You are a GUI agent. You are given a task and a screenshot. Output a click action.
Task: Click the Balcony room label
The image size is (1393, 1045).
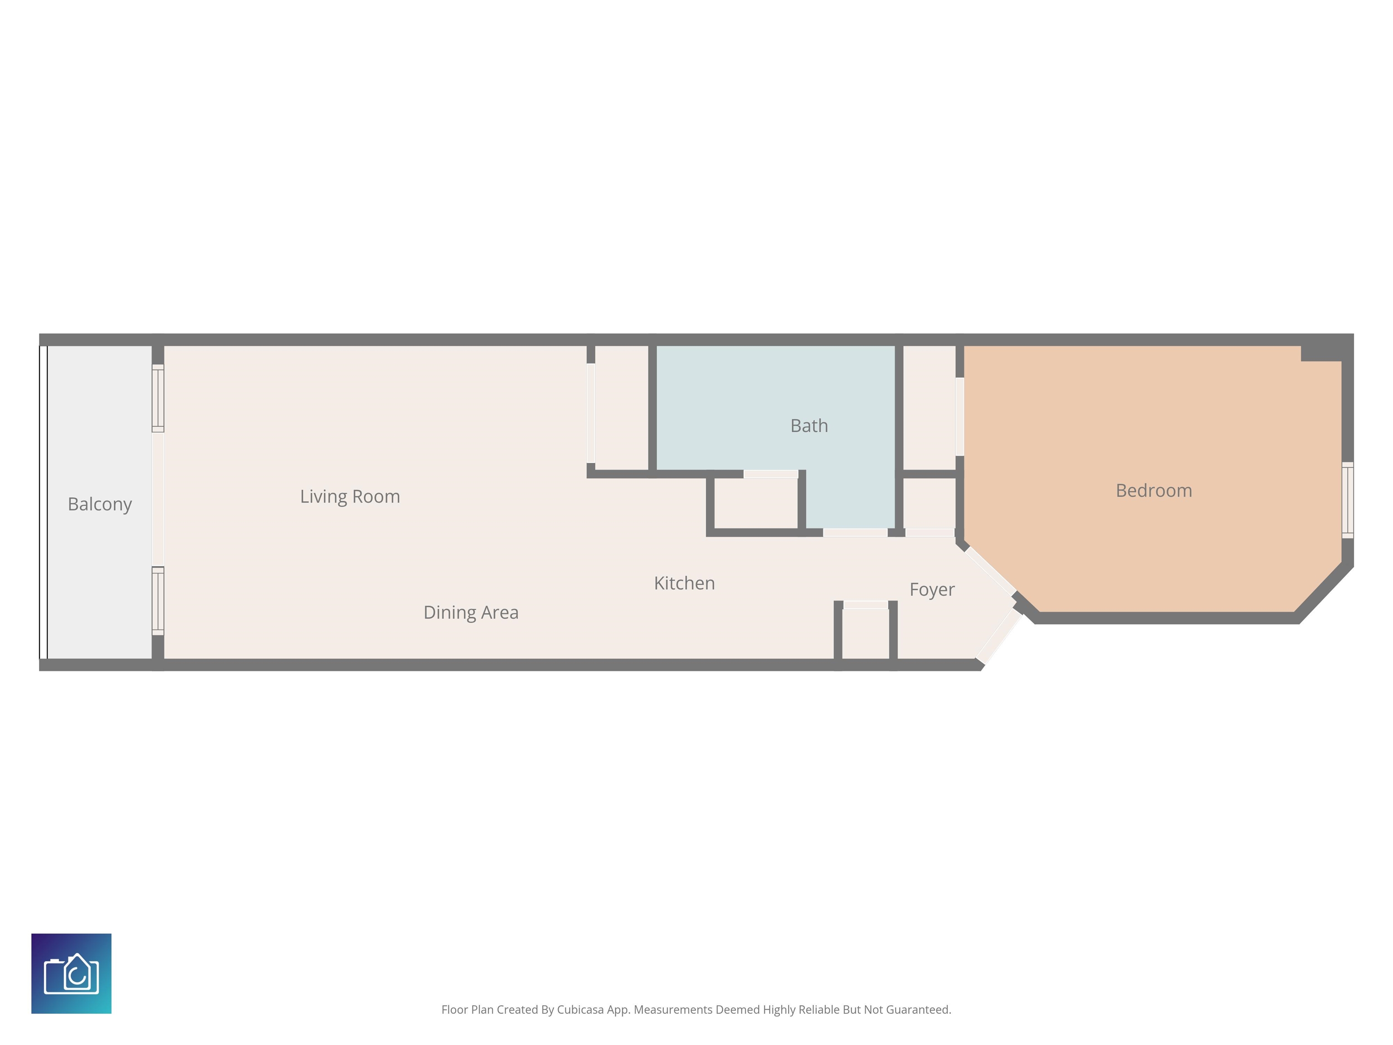click(99, 504)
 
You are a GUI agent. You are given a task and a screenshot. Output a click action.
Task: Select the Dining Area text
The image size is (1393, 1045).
click(471, 612)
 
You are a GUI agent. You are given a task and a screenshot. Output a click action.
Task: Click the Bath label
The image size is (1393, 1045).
click(809, 426)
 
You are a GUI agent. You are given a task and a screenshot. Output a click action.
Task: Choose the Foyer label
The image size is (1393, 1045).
click(932, 590)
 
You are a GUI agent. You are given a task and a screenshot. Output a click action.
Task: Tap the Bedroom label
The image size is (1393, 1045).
click(1154, 491)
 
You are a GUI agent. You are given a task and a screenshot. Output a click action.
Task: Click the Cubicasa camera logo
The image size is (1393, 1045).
click(71, 973)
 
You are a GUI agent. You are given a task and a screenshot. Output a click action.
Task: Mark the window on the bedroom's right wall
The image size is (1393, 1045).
click(1348, 500)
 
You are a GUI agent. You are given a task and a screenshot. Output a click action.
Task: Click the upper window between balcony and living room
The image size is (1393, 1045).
click(158, 398)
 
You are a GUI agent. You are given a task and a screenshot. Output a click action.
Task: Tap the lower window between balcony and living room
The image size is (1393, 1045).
click(158, 601)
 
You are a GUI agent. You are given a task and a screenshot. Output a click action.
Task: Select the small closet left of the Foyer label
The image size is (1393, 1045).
click(865, 634)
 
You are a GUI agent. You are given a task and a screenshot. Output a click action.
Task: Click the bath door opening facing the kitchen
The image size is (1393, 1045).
click(855, 533)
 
